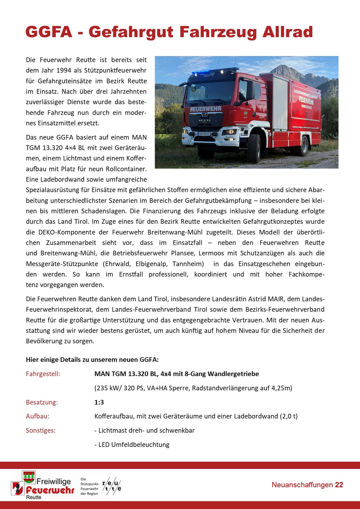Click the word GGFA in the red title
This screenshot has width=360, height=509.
[x=49, y=32]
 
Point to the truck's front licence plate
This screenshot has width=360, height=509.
[x=204, y=134]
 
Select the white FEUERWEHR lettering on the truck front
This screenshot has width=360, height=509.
[x=206, y=109]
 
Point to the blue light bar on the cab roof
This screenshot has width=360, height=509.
[x=214, y=71]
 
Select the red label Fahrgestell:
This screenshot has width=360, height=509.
[x=43, y=374]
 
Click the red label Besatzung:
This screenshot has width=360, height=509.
[x=42, y=402]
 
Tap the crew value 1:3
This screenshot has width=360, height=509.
[x=99, y=402]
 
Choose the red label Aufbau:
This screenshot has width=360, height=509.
[x=37, y=416]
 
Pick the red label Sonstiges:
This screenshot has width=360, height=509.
[x=41, y=430]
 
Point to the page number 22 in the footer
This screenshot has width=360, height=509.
[x=339, y=485]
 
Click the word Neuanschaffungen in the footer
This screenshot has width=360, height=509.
[x=302, y=485]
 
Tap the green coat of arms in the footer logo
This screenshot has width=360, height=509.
[x=29, y=477]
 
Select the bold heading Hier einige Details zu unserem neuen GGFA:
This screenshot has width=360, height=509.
[x=92, y=360]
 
